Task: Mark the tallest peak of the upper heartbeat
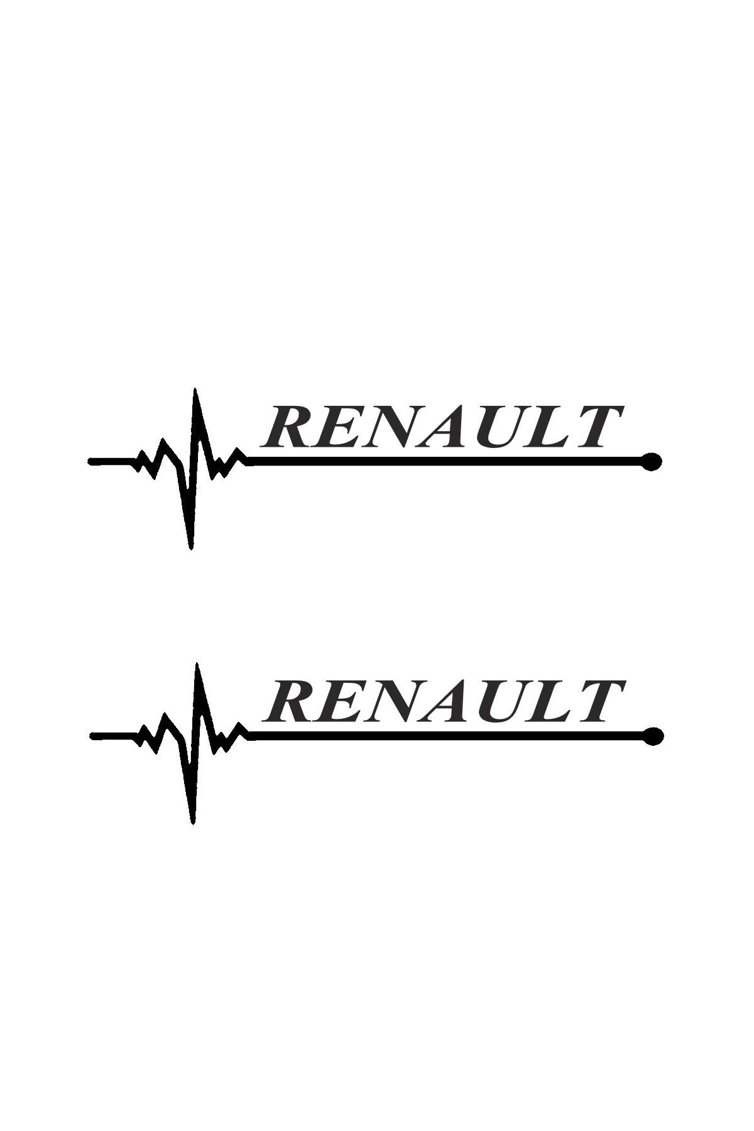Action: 195,389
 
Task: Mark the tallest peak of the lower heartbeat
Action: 198,663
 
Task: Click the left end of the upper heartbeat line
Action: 90,461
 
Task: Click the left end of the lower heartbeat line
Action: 93,735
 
